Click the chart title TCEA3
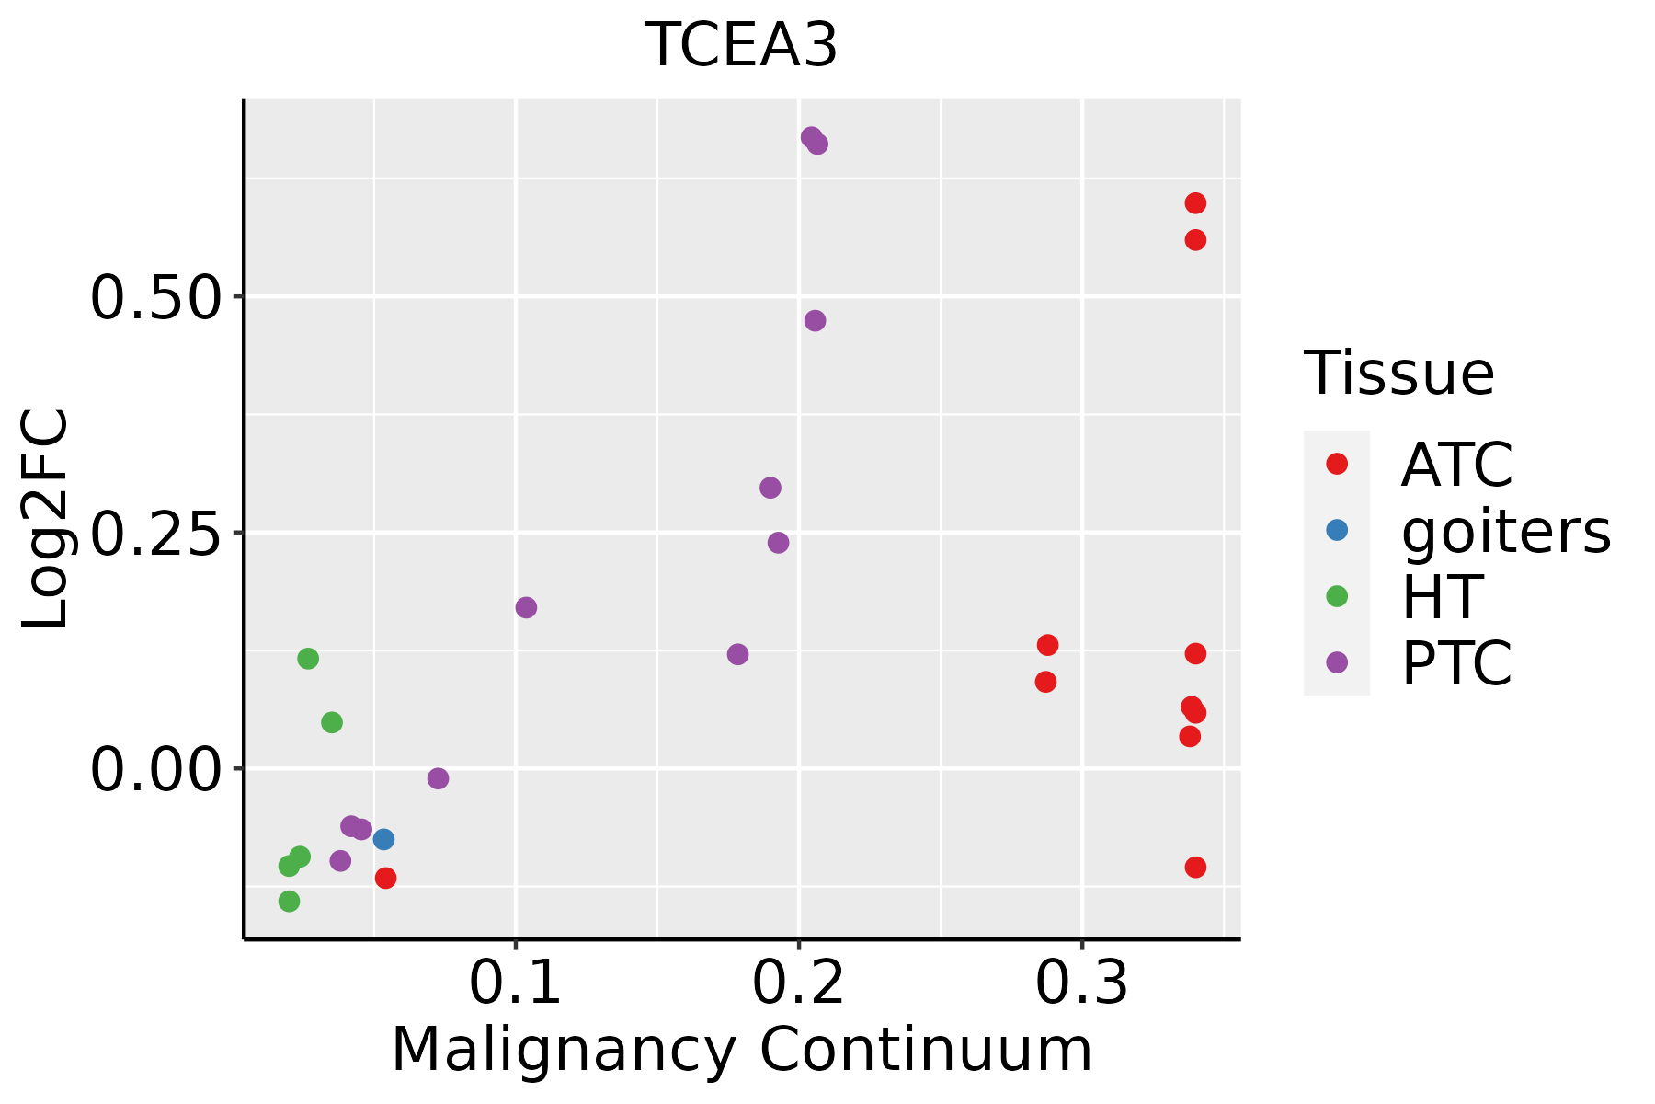(x=741, y=45)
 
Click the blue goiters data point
(x=384, y=839)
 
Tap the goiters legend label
(x=1506, y=531)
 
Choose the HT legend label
(x=1442, y=596)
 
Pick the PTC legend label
(x=1456, y=662)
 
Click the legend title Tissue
(x=1399, y=373)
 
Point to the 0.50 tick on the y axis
(x=156, y=297)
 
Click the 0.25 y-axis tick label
(x=156, y=533)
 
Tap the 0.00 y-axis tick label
(x=156, y=769)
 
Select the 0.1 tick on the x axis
(x=516, y=983)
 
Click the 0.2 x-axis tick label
(x=799, y=983)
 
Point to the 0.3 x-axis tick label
(x=1082, y=983)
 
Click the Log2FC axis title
(x=46, y=520)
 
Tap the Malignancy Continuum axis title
(x=742, y=1051)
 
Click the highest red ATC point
(x=1195, y=203)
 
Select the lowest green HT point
(x=289, y=901)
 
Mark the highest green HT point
(x=308, y=659)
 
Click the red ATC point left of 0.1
(x=386, y=878)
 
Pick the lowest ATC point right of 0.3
(x=1195, y=867)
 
